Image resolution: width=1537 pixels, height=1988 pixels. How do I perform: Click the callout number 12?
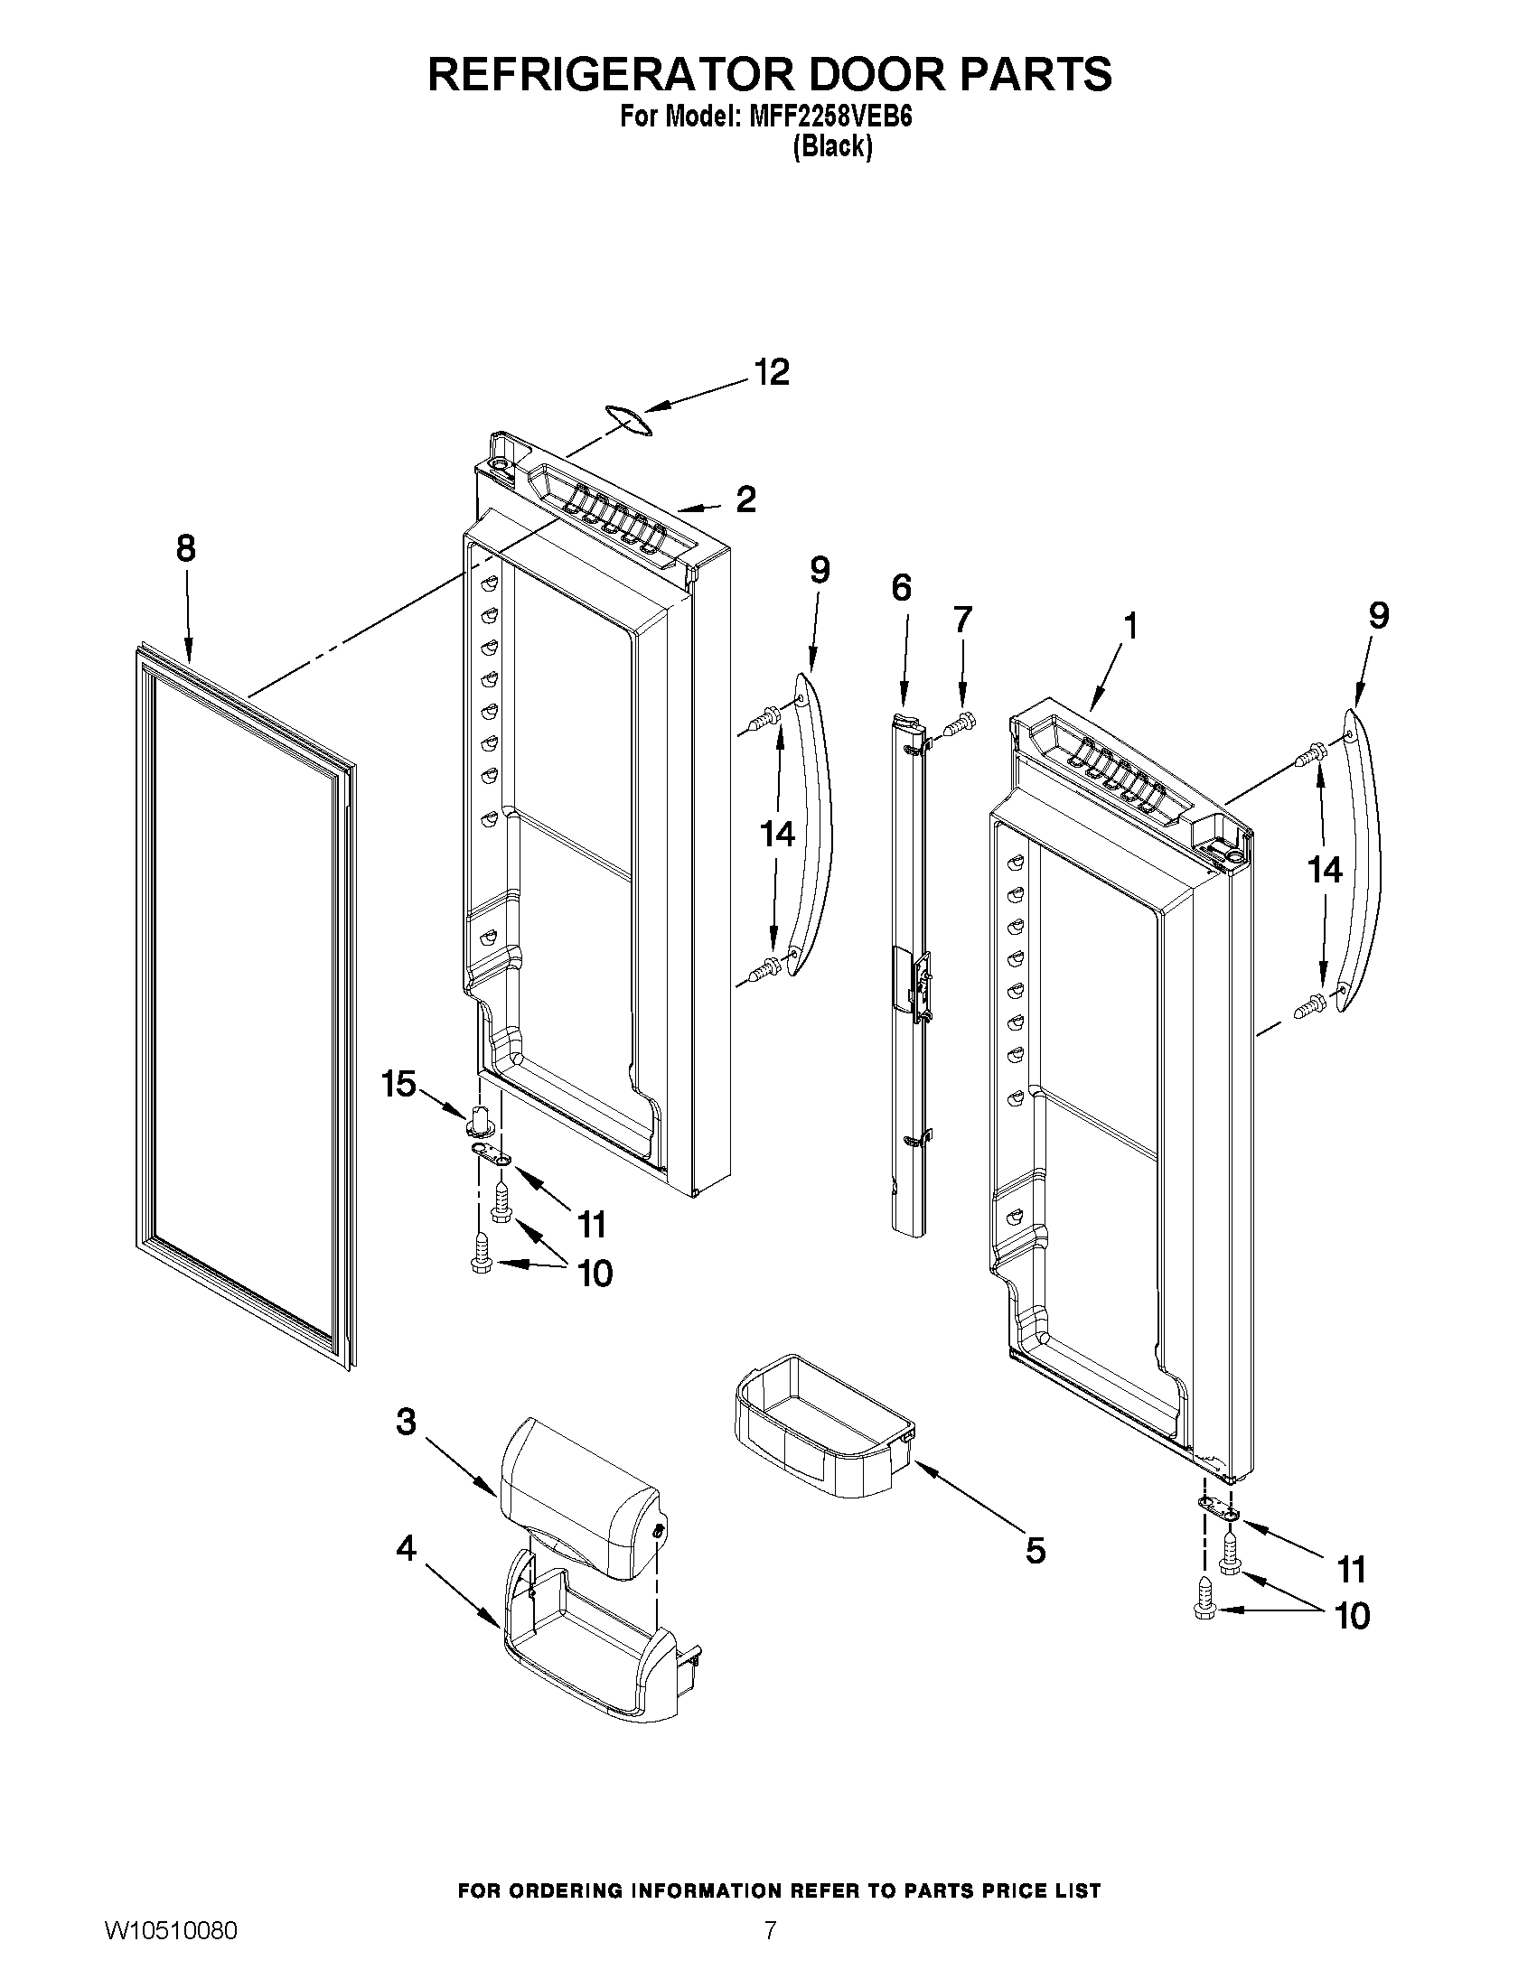[x=772, y=373]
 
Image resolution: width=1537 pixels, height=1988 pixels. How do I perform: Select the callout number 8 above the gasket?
[x=185, y=549]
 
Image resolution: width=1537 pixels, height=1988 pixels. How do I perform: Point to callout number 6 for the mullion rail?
[x=901, y=588]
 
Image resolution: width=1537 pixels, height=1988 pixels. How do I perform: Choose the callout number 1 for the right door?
[x=1129, y=627]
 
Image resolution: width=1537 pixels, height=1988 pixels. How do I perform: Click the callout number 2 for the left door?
[x=745, y=499]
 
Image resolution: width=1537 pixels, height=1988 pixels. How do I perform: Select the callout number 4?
[x=406, y=1547]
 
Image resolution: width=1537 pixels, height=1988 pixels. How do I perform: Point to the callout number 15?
[x=398, y=1084]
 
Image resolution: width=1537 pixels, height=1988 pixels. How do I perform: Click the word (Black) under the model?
[x=832, y=147]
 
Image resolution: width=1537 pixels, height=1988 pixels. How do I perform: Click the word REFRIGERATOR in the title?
[x=608, y=74]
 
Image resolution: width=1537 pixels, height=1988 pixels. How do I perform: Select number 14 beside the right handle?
[x=1324, y=870]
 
